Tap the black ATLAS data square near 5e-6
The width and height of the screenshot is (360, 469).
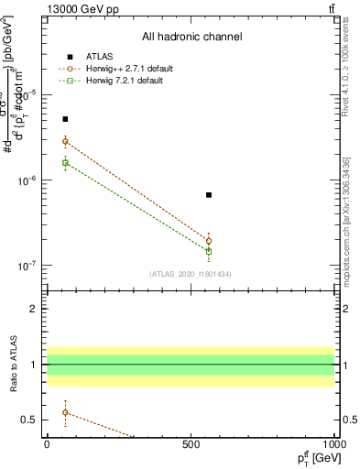(65, 119)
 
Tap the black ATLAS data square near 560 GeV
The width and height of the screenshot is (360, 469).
(209, 195)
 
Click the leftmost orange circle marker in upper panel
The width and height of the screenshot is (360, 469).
(65, 141)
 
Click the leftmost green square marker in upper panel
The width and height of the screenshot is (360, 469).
(65, 163)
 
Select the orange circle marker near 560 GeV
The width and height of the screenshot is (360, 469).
(209, 241)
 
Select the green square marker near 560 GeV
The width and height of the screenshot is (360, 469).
(209, 251)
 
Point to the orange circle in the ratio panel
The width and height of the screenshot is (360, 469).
(65, 412)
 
